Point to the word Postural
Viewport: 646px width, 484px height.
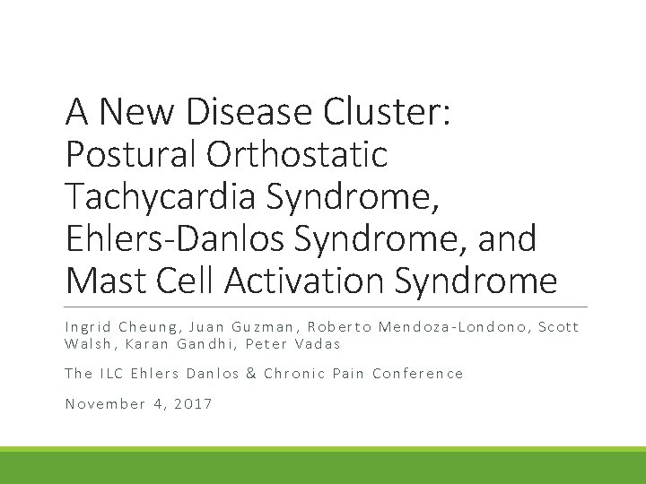click(130, 154)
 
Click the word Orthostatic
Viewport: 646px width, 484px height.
click(298, 154)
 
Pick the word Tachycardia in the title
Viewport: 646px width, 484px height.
click(154, 196)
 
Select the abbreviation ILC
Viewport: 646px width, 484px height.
click(111, 373)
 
